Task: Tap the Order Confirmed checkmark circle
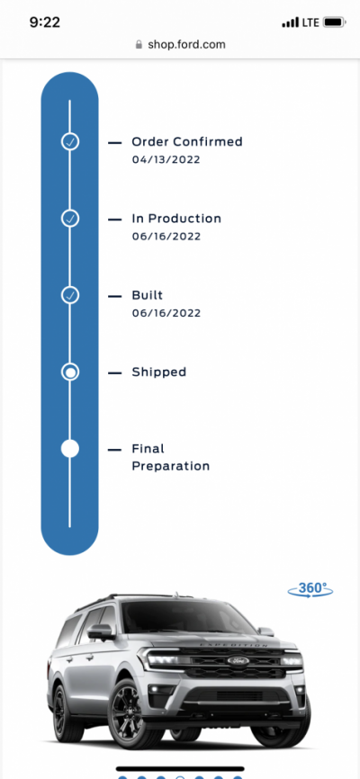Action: click(70, 141)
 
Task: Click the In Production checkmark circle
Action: click(70, 218)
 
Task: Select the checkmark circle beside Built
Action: click(70, 295)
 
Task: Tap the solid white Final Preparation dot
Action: click(70, 449)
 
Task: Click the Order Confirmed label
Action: click(187, 141)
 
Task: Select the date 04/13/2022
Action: click(166, 159)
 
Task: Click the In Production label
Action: click(176, 219)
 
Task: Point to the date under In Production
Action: click(166, 237)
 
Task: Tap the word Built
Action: click(148, 295)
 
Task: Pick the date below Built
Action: click(166, 313)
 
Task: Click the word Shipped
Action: click(159, 372)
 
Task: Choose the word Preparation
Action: click(171, 467)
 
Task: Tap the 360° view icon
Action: click(310, 588)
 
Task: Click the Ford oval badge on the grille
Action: click(238, 661)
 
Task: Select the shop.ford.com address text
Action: click(186, 45)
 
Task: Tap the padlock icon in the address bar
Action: click(139, 45)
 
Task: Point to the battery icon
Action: click(334, 22)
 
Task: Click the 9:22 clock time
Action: click(45, 22)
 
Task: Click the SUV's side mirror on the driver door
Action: click(101, 631)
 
